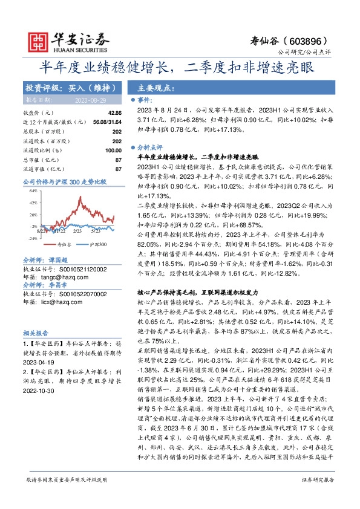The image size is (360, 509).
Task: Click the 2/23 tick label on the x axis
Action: [77, 230]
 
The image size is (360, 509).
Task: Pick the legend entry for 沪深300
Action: [96, 245]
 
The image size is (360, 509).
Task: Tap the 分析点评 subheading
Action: [151, 146]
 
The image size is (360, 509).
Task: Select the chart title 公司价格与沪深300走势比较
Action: [64, 181]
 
